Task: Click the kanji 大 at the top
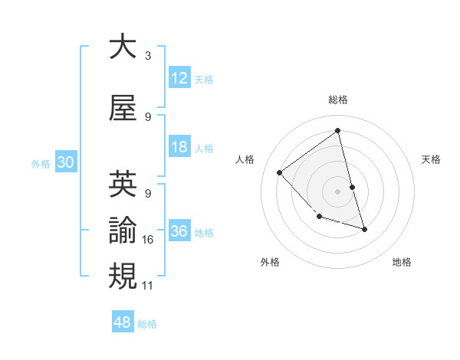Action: tap(123, 47)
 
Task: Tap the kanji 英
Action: tap(123, 185)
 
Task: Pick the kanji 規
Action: tap(123, 276)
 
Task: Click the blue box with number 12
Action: tap(179, 78)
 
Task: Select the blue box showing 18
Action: tap(179, 147)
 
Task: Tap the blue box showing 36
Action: tap(179, 231)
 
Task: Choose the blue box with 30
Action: tap(65, 162)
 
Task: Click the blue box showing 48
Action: tap(123, 322)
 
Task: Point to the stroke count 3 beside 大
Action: tap(147, 56)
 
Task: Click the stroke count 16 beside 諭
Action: tap(148, 240)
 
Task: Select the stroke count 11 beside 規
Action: tap(148, 286)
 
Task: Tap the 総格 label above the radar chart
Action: tap(337, 100)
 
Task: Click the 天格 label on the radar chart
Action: tap(431, 159)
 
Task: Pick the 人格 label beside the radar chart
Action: tap(245, 159)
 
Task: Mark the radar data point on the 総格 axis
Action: tap(337, 130)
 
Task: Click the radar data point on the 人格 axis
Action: tap(280, 172)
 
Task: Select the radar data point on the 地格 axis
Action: tap(364, 229)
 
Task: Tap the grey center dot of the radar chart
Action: tap(337, 191)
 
